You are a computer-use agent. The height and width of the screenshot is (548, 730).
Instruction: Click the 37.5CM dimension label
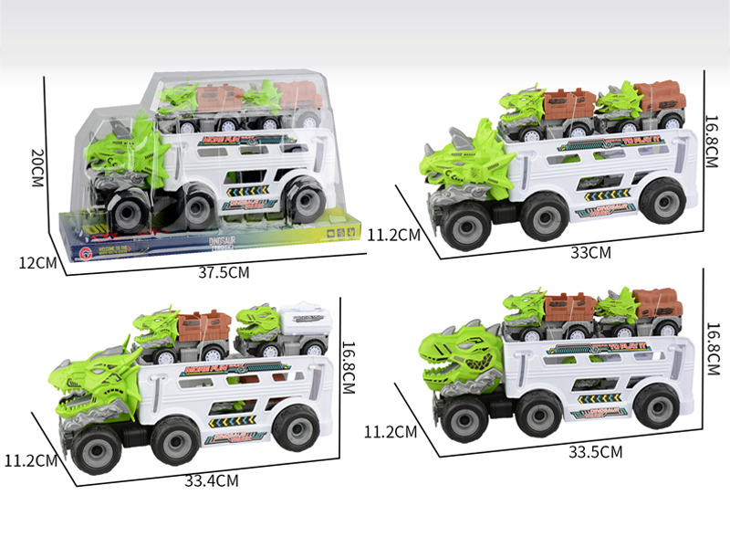224,270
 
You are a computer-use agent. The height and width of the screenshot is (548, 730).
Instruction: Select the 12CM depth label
36,263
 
